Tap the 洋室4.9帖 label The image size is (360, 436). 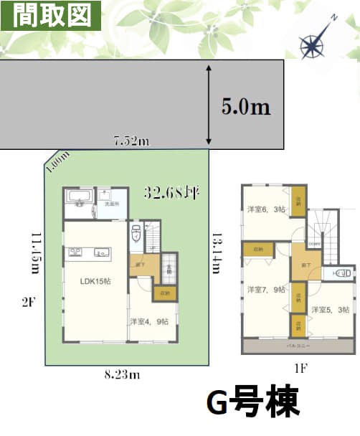tap(149, 321)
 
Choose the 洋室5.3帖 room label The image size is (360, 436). tap(331, 309)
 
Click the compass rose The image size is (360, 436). tap(314, 44)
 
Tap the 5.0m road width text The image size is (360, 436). tap(246, 107)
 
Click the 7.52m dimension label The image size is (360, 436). tap(131, 141)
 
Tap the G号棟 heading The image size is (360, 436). tap(252, 402)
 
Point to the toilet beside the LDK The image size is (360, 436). tap(136, 234)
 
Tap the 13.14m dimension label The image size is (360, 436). tap(214, 252)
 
